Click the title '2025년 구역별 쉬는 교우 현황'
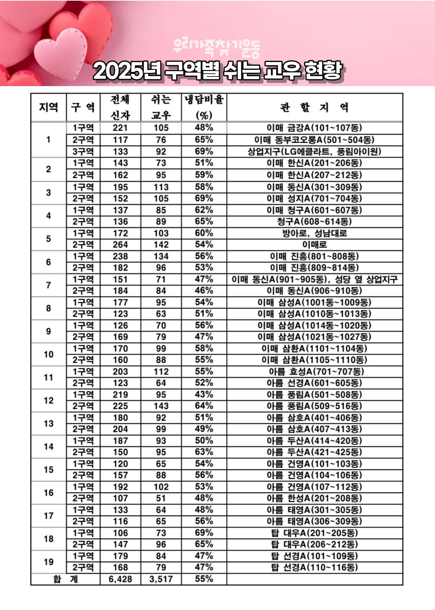click(x=217, y=71)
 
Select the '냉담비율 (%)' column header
click(x=204, y=107)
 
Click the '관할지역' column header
click(x=314, y=107)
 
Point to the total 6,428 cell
click(x=120, y=579)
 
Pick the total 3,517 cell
click(x=161, y=579)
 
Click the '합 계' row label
click(x=65, y=579)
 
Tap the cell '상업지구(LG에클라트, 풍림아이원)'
click(x=314, y=151)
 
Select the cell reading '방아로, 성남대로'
click(x=314, y=233)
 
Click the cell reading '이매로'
click(x=314, y=245)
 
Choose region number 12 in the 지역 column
click(x=48, y=401)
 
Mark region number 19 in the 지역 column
click(x=48, y=562)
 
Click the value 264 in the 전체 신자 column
click(x=120, y=245)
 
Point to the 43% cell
click(x=204, y=394)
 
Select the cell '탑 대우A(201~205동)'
click(x=314, y=533)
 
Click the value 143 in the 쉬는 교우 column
click(x=161, y=406)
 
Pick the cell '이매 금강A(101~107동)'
click(x=314, y=128)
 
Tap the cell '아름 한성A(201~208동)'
click(x=314, y=499)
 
